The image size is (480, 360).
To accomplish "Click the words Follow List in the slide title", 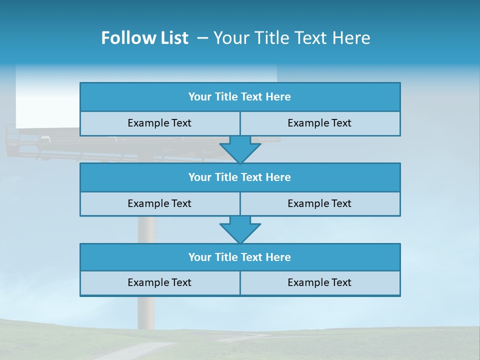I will [x=144, y=38].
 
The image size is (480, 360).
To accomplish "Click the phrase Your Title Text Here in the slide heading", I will [x=292, y=38].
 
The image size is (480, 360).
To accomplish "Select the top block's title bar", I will [x=240, y=97].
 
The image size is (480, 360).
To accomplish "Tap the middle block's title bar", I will [x=240, y=177].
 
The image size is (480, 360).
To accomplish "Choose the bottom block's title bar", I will [x=240, y=257].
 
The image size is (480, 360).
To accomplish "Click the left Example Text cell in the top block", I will [x=159, y=123].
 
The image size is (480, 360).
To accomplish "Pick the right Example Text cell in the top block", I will [x=320, y=123].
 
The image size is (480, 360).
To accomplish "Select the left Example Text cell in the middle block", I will [x=159, y=204].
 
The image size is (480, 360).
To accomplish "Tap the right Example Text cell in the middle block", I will [x=320, y=204].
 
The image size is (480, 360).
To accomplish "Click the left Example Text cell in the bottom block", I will [x=159, y=283].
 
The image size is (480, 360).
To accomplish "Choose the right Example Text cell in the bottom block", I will [x=320, y=283].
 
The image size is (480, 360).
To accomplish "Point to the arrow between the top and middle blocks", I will [x=240, y=149].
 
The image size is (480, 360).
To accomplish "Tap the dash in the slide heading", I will [x=203, y=38].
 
